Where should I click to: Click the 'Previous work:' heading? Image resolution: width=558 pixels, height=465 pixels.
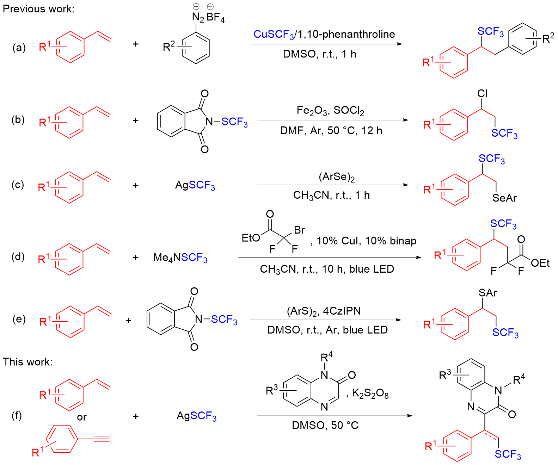[x=38, y=9]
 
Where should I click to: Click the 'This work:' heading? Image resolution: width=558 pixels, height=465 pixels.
[x=27, y=362]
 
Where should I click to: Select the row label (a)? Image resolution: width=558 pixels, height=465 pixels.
[x=19, y=47]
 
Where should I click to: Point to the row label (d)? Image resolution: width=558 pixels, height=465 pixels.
[x=18, y=256]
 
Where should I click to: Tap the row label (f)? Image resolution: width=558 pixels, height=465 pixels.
[x=17, y=416]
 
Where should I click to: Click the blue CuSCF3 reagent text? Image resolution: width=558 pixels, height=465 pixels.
[x=274, y=34]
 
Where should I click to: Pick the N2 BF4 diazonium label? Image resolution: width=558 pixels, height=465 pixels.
[x=208, y=17]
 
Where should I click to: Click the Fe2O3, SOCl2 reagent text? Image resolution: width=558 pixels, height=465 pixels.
[x=330, y=111]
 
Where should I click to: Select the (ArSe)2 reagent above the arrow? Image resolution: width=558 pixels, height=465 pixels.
[x=337, y=177]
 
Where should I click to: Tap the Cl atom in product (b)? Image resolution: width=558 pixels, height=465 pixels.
[x=482, y=93]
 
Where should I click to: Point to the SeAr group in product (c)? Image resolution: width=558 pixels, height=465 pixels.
[x=504, y=198]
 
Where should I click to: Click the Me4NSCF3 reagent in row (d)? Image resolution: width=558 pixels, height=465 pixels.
[x=180, y=258]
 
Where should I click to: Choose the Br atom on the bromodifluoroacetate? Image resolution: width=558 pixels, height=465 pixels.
[x=299, y=230]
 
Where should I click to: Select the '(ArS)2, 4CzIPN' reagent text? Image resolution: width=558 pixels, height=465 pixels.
[x=324, y=311]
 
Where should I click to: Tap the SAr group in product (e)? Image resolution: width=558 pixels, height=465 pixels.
[x=488, y=293]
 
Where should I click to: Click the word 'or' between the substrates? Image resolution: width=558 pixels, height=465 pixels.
[x=82, y=417]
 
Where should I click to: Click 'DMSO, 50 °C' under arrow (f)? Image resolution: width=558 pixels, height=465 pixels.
[x=325, y=425]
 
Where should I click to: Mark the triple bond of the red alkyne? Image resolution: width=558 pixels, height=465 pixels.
[x=102, y=439]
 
